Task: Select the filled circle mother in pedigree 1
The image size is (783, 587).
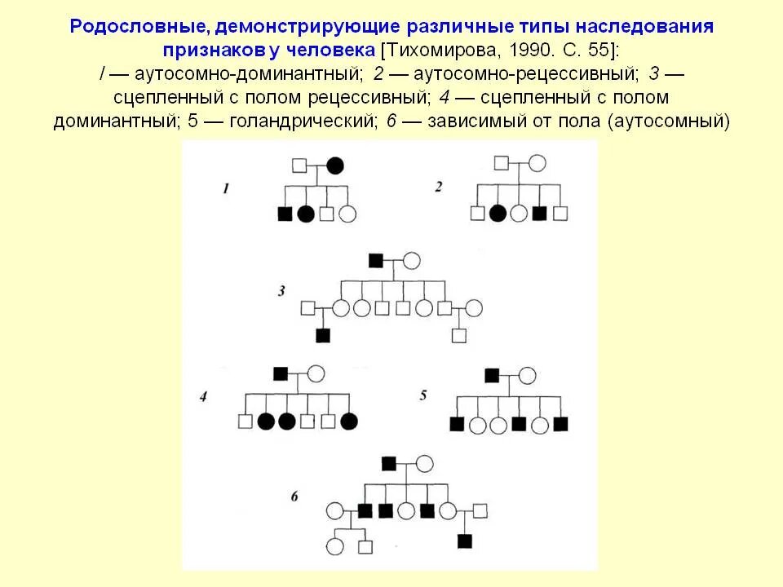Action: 335,166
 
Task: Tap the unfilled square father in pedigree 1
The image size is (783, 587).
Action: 299,166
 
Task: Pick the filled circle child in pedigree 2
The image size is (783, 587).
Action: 498,214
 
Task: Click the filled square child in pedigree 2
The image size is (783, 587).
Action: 539,214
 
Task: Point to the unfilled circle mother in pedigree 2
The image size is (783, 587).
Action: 537,163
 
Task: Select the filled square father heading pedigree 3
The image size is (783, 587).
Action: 376,261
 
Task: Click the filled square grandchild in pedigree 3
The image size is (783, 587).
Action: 323,335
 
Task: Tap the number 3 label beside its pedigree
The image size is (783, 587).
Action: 281,291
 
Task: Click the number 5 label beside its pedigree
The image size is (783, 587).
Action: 423,395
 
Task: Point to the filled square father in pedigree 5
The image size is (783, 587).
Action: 492,375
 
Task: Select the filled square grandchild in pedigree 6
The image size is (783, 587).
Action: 465,541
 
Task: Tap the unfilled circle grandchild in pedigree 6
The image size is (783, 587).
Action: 334,546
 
